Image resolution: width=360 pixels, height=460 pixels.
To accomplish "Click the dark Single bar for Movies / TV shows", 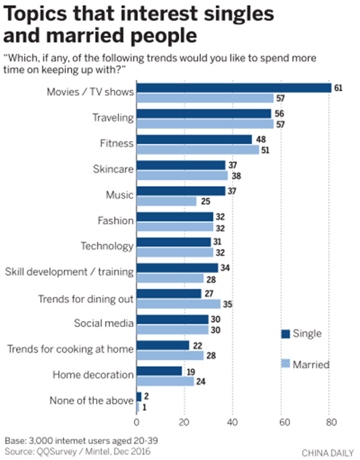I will (x=234, y=88).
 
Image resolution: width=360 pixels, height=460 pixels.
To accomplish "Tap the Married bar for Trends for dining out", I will (x=178, y=304).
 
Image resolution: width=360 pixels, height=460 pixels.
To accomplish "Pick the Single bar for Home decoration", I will (x=159, y=371).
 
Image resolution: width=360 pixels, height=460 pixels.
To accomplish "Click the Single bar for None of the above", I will (x=139, y=396).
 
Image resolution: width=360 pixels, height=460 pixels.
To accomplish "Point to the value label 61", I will (x=338, y=88).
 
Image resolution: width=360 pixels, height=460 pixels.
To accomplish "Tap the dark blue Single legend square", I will (x=285, y=333).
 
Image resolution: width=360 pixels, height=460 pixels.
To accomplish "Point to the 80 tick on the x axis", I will (x=329, y=421).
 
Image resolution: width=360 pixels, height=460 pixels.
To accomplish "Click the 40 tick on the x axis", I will (x=232, y=421).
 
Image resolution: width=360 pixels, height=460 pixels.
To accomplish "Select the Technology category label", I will (x=107, y=246).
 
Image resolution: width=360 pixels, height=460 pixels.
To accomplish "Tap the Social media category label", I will (x=104, y=323).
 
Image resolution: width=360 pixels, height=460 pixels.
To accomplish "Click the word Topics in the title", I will (x=37, y=14).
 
